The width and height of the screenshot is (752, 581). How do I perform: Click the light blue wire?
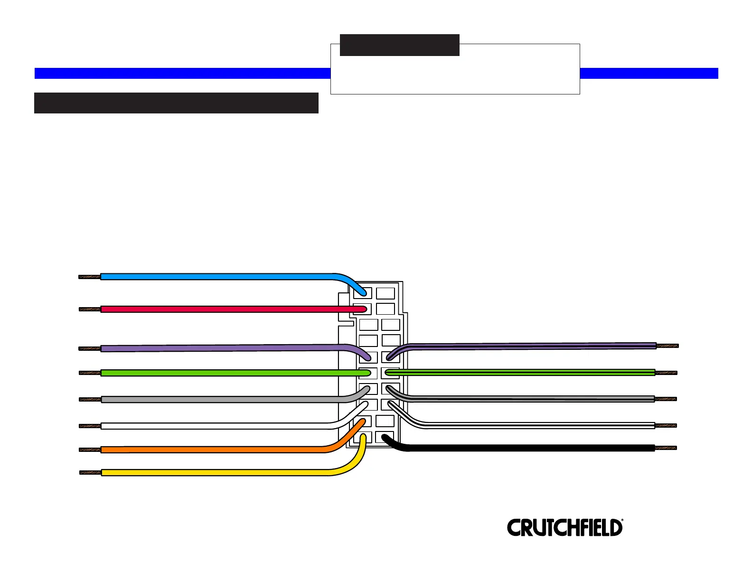[214, 276]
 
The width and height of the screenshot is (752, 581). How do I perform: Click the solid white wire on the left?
[214, 426]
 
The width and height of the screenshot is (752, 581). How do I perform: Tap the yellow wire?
[214, 473]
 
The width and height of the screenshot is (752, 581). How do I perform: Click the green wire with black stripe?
[522, 373]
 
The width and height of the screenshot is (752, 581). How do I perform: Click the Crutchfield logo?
[564, 527]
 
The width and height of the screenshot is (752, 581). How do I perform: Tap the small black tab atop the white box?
[399, 45]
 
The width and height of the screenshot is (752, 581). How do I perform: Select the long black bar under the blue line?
[176, 103]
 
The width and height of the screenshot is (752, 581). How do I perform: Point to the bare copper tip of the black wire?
[666, 448]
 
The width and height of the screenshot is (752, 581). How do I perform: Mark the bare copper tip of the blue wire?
[89, 277]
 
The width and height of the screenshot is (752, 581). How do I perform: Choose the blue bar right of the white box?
[649, 73]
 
